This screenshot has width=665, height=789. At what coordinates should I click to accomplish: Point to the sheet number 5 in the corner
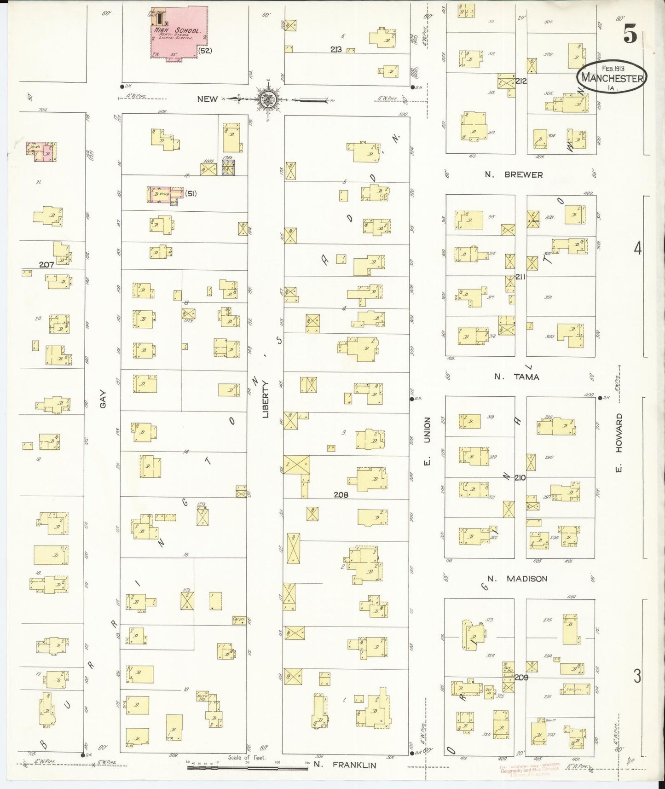630,35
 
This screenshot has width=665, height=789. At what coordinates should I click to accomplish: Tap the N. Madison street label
517,579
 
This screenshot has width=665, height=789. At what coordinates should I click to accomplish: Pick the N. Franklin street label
345,765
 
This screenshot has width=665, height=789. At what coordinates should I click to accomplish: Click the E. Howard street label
619,442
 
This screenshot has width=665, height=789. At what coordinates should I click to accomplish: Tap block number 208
341,495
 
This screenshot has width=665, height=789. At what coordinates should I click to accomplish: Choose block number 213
335,49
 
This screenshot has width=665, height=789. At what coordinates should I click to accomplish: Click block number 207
46,265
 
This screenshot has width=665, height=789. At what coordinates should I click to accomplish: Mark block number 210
520,478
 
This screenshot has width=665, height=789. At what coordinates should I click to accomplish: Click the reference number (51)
191,194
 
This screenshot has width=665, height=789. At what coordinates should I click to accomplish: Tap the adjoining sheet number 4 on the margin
637,249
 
